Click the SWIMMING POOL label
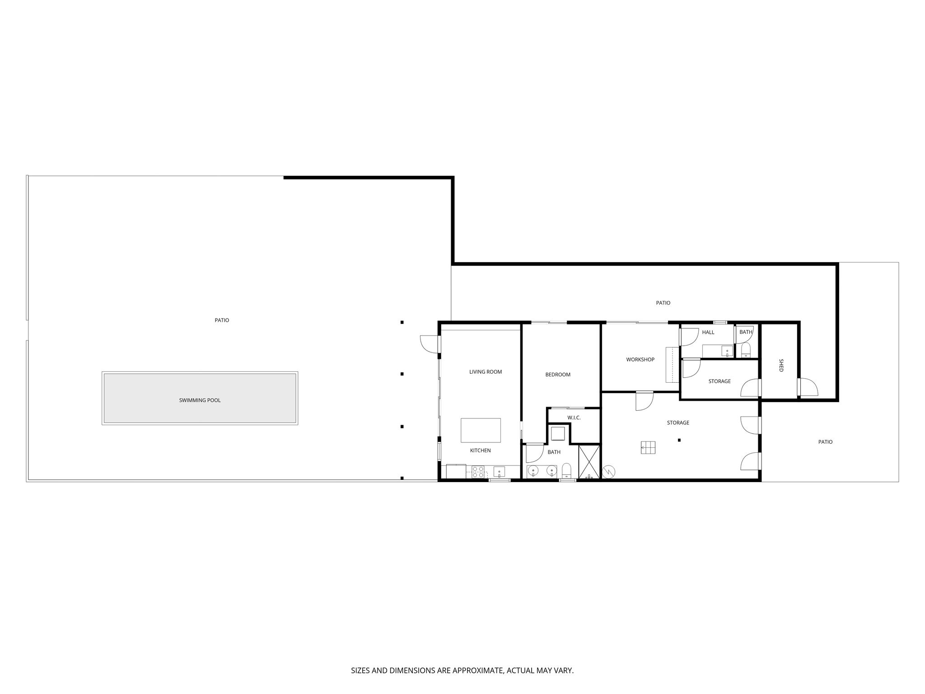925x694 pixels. pos(200,400)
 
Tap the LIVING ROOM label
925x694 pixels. pos(486,372)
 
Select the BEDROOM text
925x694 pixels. pos(558,375)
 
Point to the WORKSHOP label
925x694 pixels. pos(640,360)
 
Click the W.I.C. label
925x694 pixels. pos(574,417)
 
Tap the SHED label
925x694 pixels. pos(781,365)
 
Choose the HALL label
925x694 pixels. pos(708,332)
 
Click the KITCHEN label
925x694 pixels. pos(480,450)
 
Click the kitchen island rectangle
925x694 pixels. pos(481,430)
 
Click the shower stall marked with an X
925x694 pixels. pos(589,461)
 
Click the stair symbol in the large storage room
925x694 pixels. pos(648,447)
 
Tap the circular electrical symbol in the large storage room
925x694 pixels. pos(609,472)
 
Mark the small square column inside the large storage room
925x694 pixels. pos(679,440)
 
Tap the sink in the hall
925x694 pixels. pos(727,351)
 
